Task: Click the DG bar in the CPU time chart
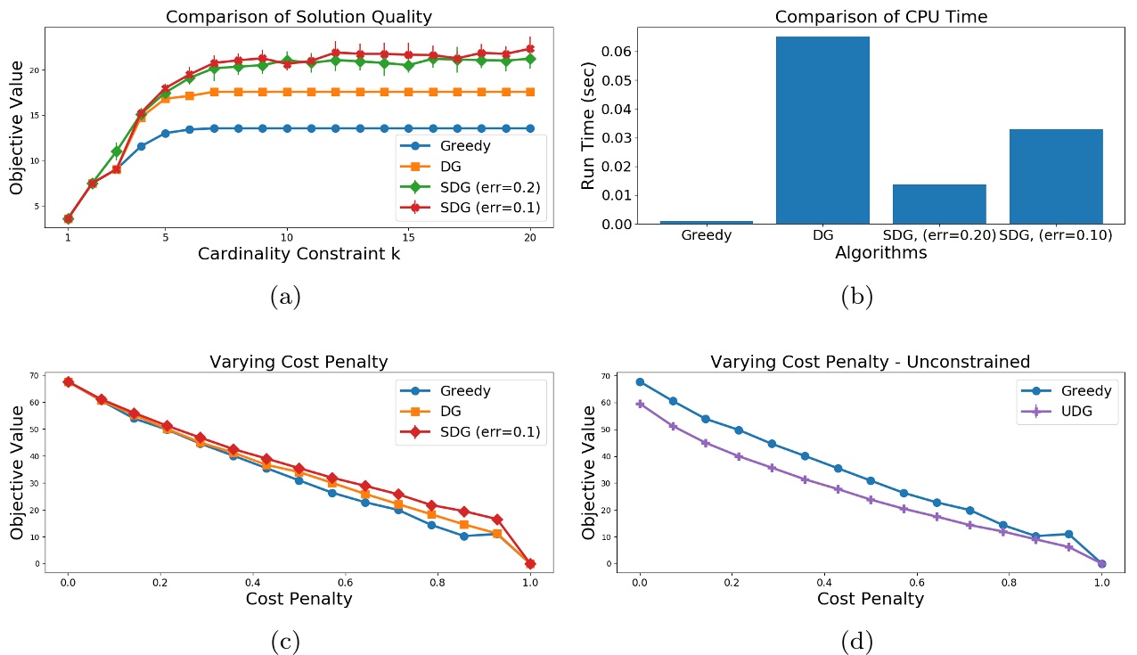[822, 130]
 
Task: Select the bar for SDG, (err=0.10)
[1056, 176]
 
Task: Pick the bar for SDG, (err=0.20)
[939, 204]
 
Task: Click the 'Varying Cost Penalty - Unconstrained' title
[870, 362]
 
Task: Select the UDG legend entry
[1068, 411]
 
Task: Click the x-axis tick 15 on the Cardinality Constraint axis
[407, 239]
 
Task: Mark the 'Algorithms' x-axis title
[880, 253]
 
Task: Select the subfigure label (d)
[856, 640]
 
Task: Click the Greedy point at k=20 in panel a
[529, 128]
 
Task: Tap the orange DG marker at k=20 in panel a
[529, 92]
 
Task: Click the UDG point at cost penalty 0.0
[639, 404]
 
